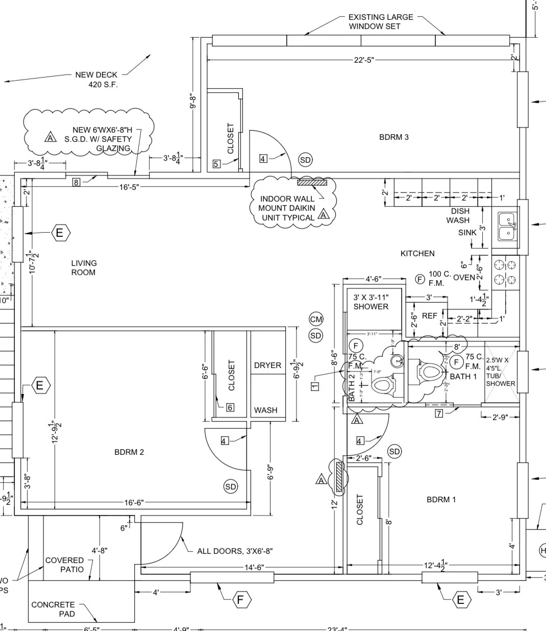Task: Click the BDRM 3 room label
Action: pos(393,137)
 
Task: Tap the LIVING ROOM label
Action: pos(84,268)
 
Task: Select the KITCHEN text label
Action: pos(417,253)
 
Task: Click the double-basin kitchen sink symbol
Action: pos(507,226)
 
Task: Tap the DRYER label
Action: pos(267,365)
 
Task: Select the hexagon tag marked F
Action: pos(240,599)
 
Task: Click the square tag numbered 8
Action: pos(76,182)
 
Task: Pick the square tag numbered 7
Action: pos(439,414)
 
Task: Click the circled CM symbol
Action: pos(316,320)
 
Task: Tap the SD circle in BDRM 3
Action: pos(305,160)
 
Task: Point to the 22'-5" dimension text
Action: pos(364,60)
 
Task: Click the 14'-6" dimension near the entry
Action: pos(253,567)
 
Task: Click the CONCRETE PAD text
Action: pos(53,609)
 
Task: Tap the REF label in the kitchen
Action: pos(429,316)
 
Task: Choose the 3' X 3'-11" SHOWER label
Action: pos(371,302)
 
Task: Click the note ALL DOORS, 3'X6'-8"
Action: pos(235,551)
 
